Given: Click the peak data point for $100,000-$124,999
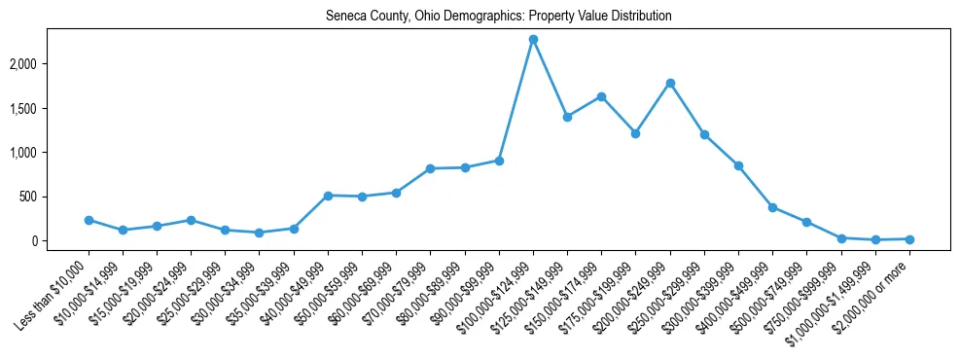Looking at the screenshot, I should [533, 39].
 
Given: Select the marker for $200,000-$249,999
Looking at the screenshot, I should [670, 83].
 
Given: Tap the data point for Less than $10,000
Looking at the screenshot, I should [89, 220].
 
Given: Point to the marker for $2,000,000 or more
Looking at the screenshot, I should [909, 238].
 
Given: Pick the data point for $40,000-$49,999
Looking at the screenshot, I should [328, 196].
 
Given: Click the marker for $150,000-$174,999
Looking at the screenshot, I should [601, 96].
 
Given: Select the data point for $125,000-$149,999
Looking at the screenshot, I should [567, 117].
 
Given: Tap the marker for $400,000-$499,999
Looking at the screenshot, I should [772, 207].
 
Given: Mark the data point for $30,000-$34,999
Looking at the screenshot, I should [259, 233].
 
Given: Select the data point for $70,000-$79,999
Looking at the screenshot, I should [430, 168].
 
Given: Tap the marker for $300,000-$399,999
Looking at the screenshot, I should [738, 165].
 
